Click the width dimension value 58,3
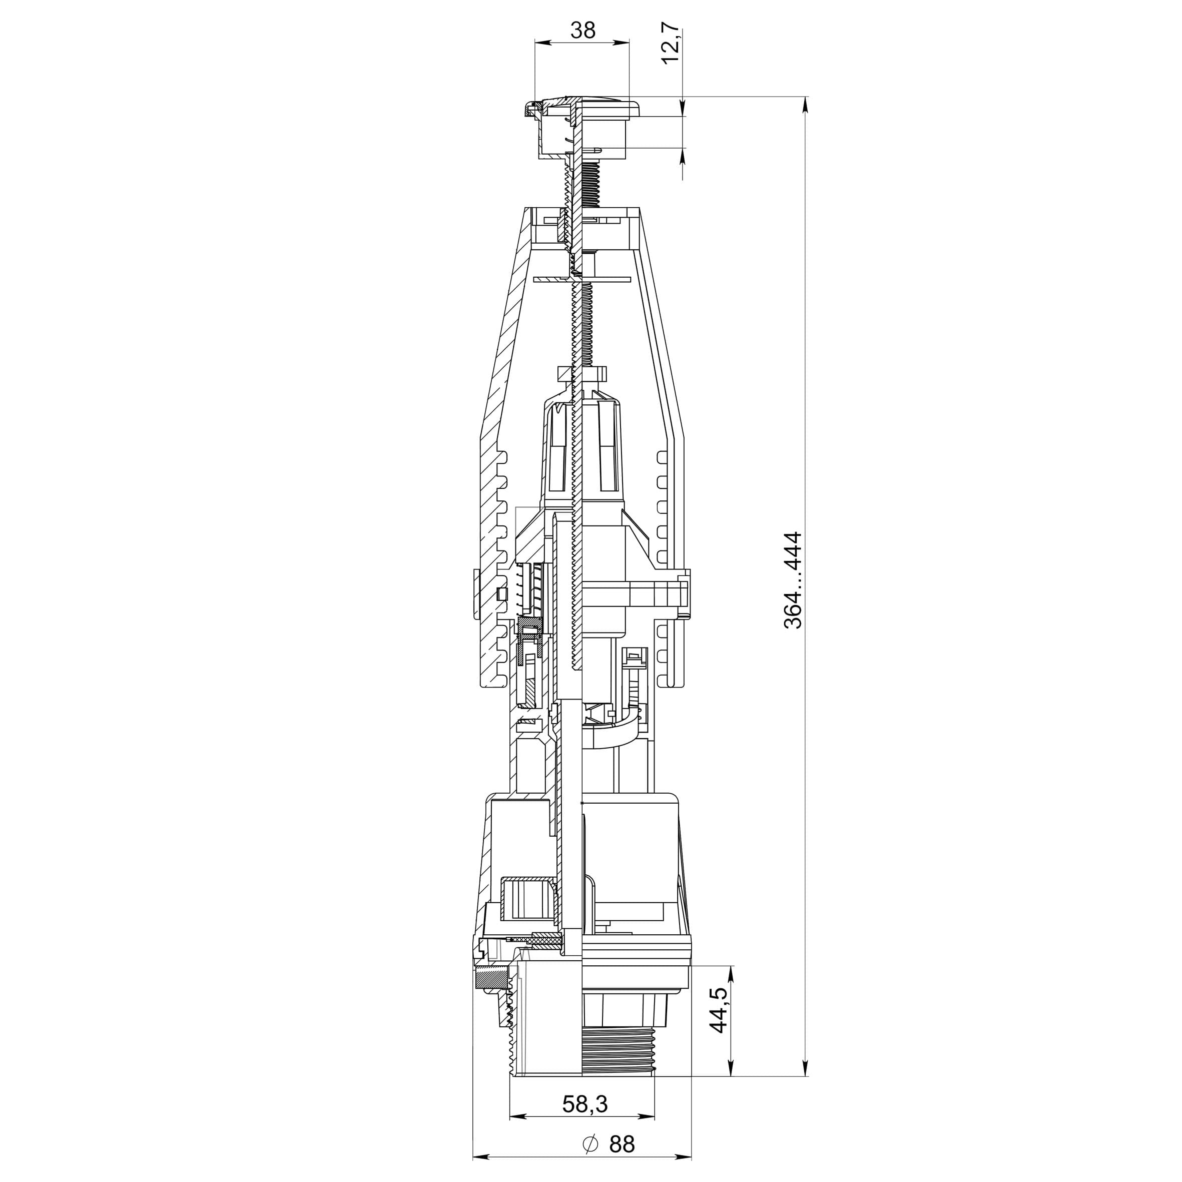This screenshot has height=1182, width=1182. point(585,1104)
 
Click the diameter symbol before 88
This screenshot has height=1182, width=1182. point(590,1144)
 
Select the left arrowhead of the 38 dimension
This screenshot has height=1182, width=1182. point(542,42)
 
